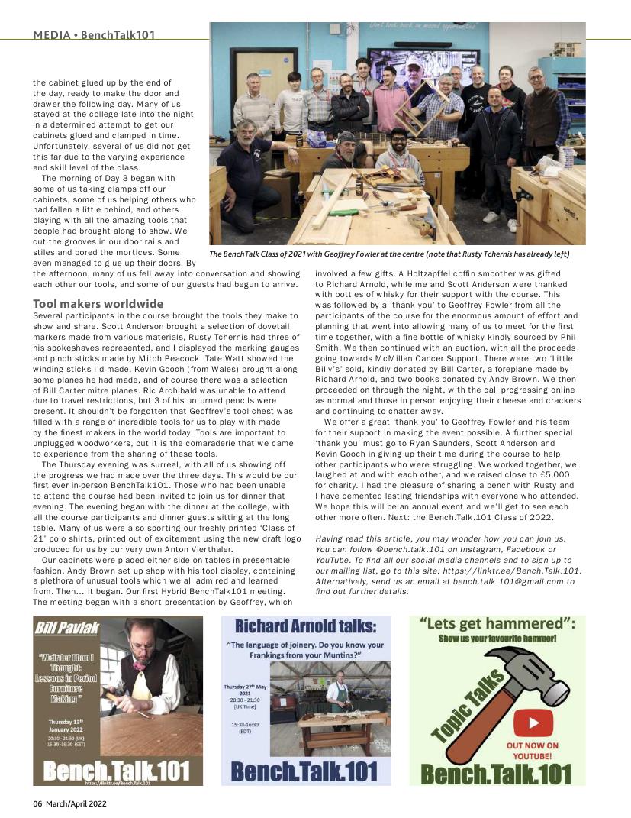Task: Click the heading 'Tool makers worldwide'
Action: pyautogui.click(x=98, y=304)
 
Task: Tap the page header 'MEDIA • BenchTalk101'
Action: pyautogui.click(x=99, y=35)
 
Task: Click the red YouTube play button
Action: pyautogui.click(x=533, y=721)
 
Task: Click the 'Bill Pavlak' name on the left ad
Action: pyautogui.click(x=66, y=628)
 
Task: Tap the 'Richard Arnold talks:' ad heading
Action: pyautogui.click(x=305, y=627)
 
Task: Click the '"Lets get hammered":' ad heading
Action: pyautogui.click(x=497, y=624)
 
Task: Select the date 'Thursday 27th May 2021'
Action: pyautogui.click(x=245, y=688)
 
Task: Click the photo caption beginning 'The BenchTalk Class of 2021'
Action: pyautogui.click(x=389, y=254)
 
